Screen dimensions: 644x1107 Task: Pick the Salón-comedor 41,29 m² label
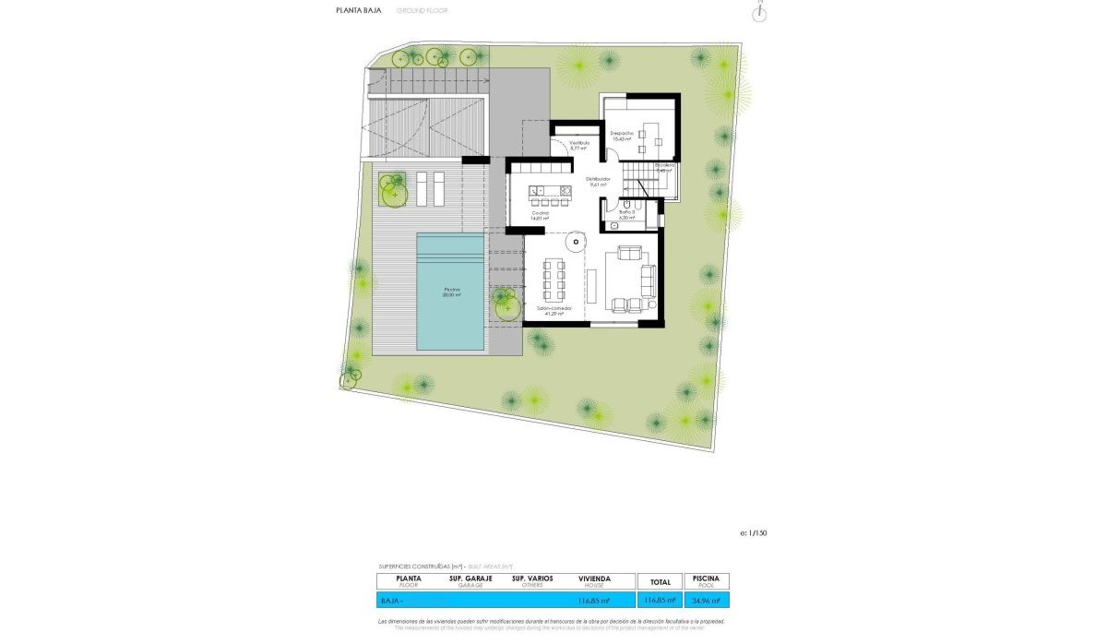coord(553,310)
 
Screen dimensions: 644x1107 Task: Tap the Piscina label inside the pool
coord(450,292)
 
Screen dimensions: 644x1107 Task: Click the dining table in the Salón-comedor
coord(553,280)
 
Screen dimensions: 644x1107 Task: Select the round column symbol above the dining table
coord(574,243)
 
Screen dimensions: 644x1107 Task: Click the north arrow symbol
coord(760,11)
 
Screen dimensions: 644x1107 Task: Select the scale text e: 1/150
coord(754,533)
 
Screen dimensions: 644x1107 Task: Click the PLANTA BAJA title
coord(353,11)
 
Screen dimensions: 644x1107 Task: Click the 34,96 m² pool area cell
coord(706,601)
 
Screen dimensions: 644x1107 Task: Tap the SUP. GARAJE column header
coord(470,581)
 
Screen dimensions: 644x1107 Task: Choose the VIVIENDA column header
coord(593,581)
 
